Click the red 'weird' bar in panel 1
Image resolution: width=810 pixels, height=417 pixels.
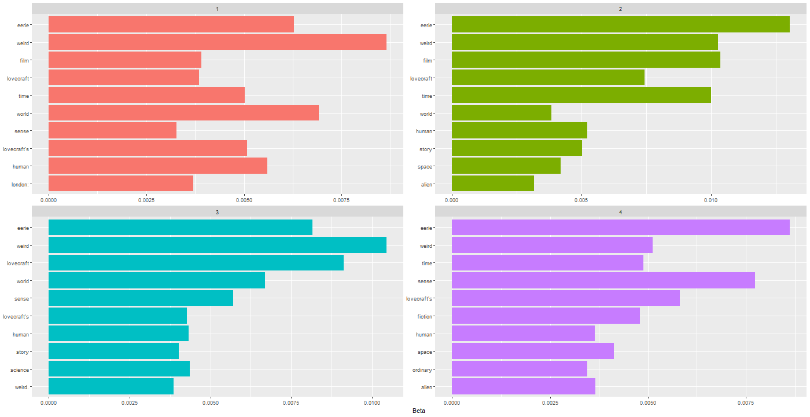(217, 42)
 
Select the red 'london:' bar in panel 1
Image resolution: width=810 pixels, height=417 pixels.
(120, 184)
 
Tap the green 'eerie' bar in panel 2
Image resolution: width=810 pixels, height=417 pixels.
(620, 24)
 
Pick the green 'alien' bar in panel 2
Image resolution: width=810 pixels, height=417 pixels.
(492, 184)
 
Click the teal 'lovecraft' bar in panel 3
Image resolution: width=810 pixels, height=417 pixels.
(196, 263)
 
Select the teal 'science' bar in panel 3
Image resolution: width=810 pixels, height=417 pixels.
(119, 369)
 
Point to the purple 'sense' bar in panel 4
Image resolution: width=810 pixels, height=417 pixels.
(603, 281)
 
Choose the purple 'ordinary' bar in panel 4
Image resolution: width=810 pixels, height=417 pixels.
(519, 369)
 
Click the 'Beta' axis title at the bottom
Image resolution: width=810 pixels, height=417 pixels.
(419, 411)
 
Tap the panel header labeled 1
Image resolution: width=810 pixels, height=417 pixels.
(217, 8)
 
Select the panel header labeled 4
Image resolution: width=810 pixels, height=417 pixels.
(620, 213)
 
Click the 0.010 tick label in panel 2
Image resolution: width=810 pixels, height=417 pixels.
(711, 200)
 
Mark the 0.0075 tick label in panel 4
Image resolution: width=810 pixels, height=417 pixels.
(746, 403)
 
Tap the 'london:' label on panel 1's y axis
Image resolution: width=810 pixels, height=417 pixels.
(21, 184)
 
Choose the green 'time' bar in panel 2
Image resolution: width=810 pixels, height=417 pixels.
(581, 95)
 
